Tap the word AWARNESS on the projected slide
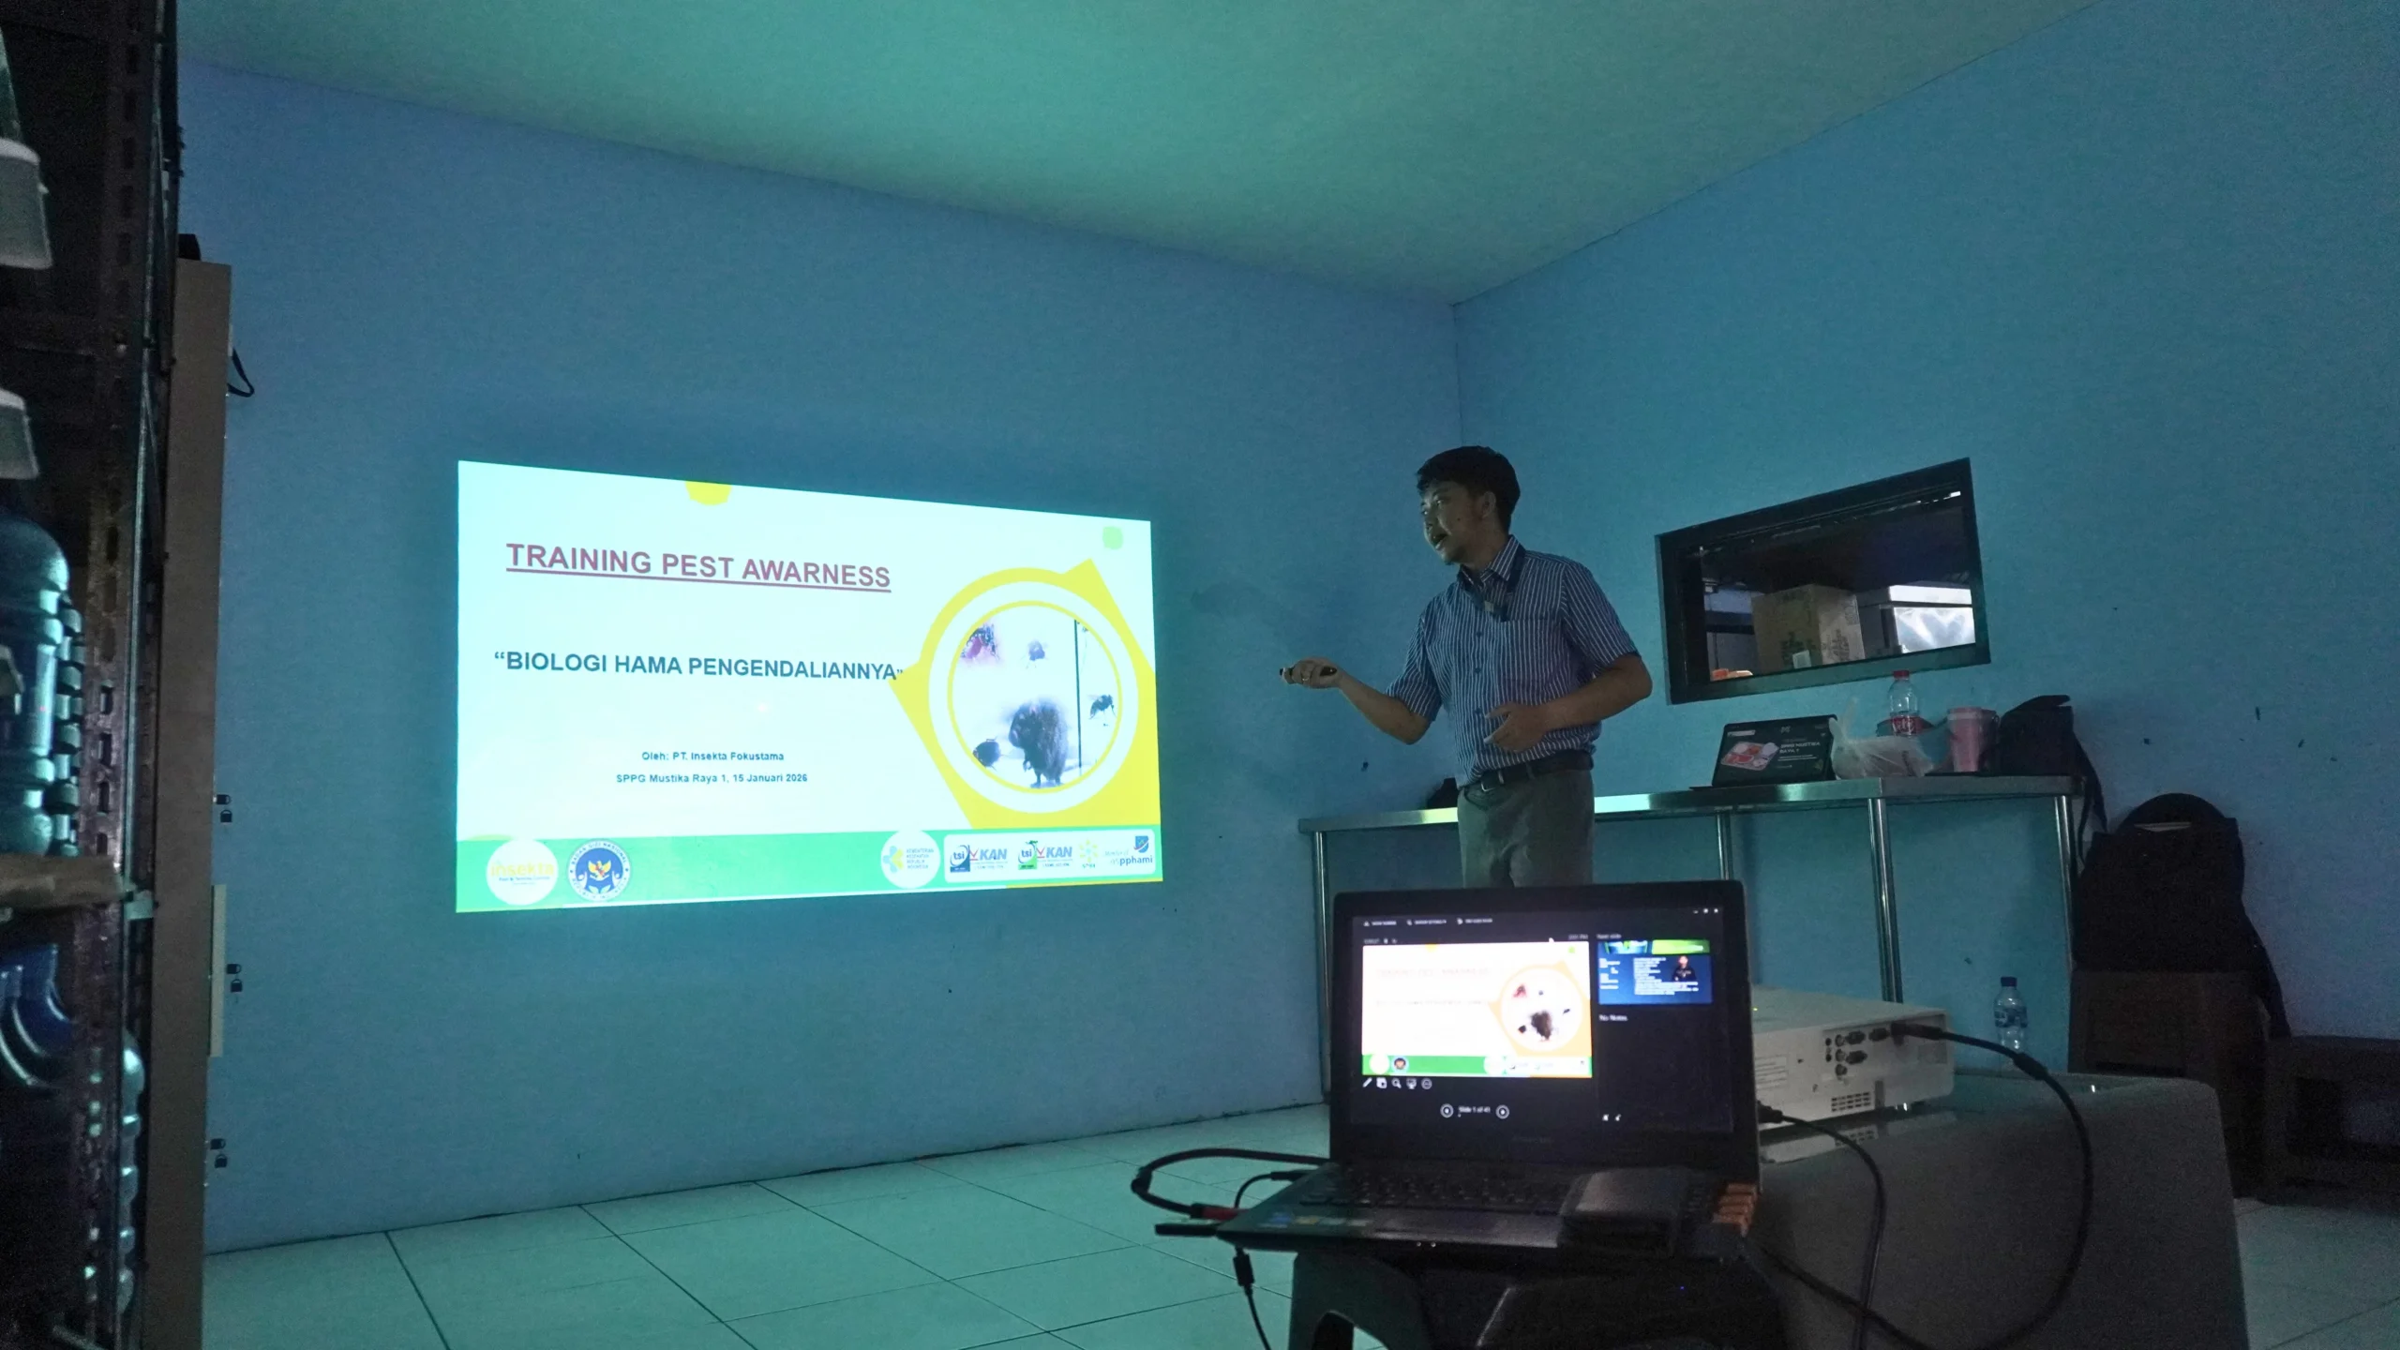coord(816,572)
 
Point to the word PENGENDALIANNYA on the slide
coord(792,668)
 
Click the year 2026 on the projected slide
coord(796,778)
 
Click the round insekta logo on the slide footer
coord(521,871)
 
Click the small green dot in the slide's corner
coord(1113,537)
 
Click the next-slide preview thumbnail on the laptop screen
coord(1655,973)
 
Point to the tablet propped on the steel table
coord(1773,751)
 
